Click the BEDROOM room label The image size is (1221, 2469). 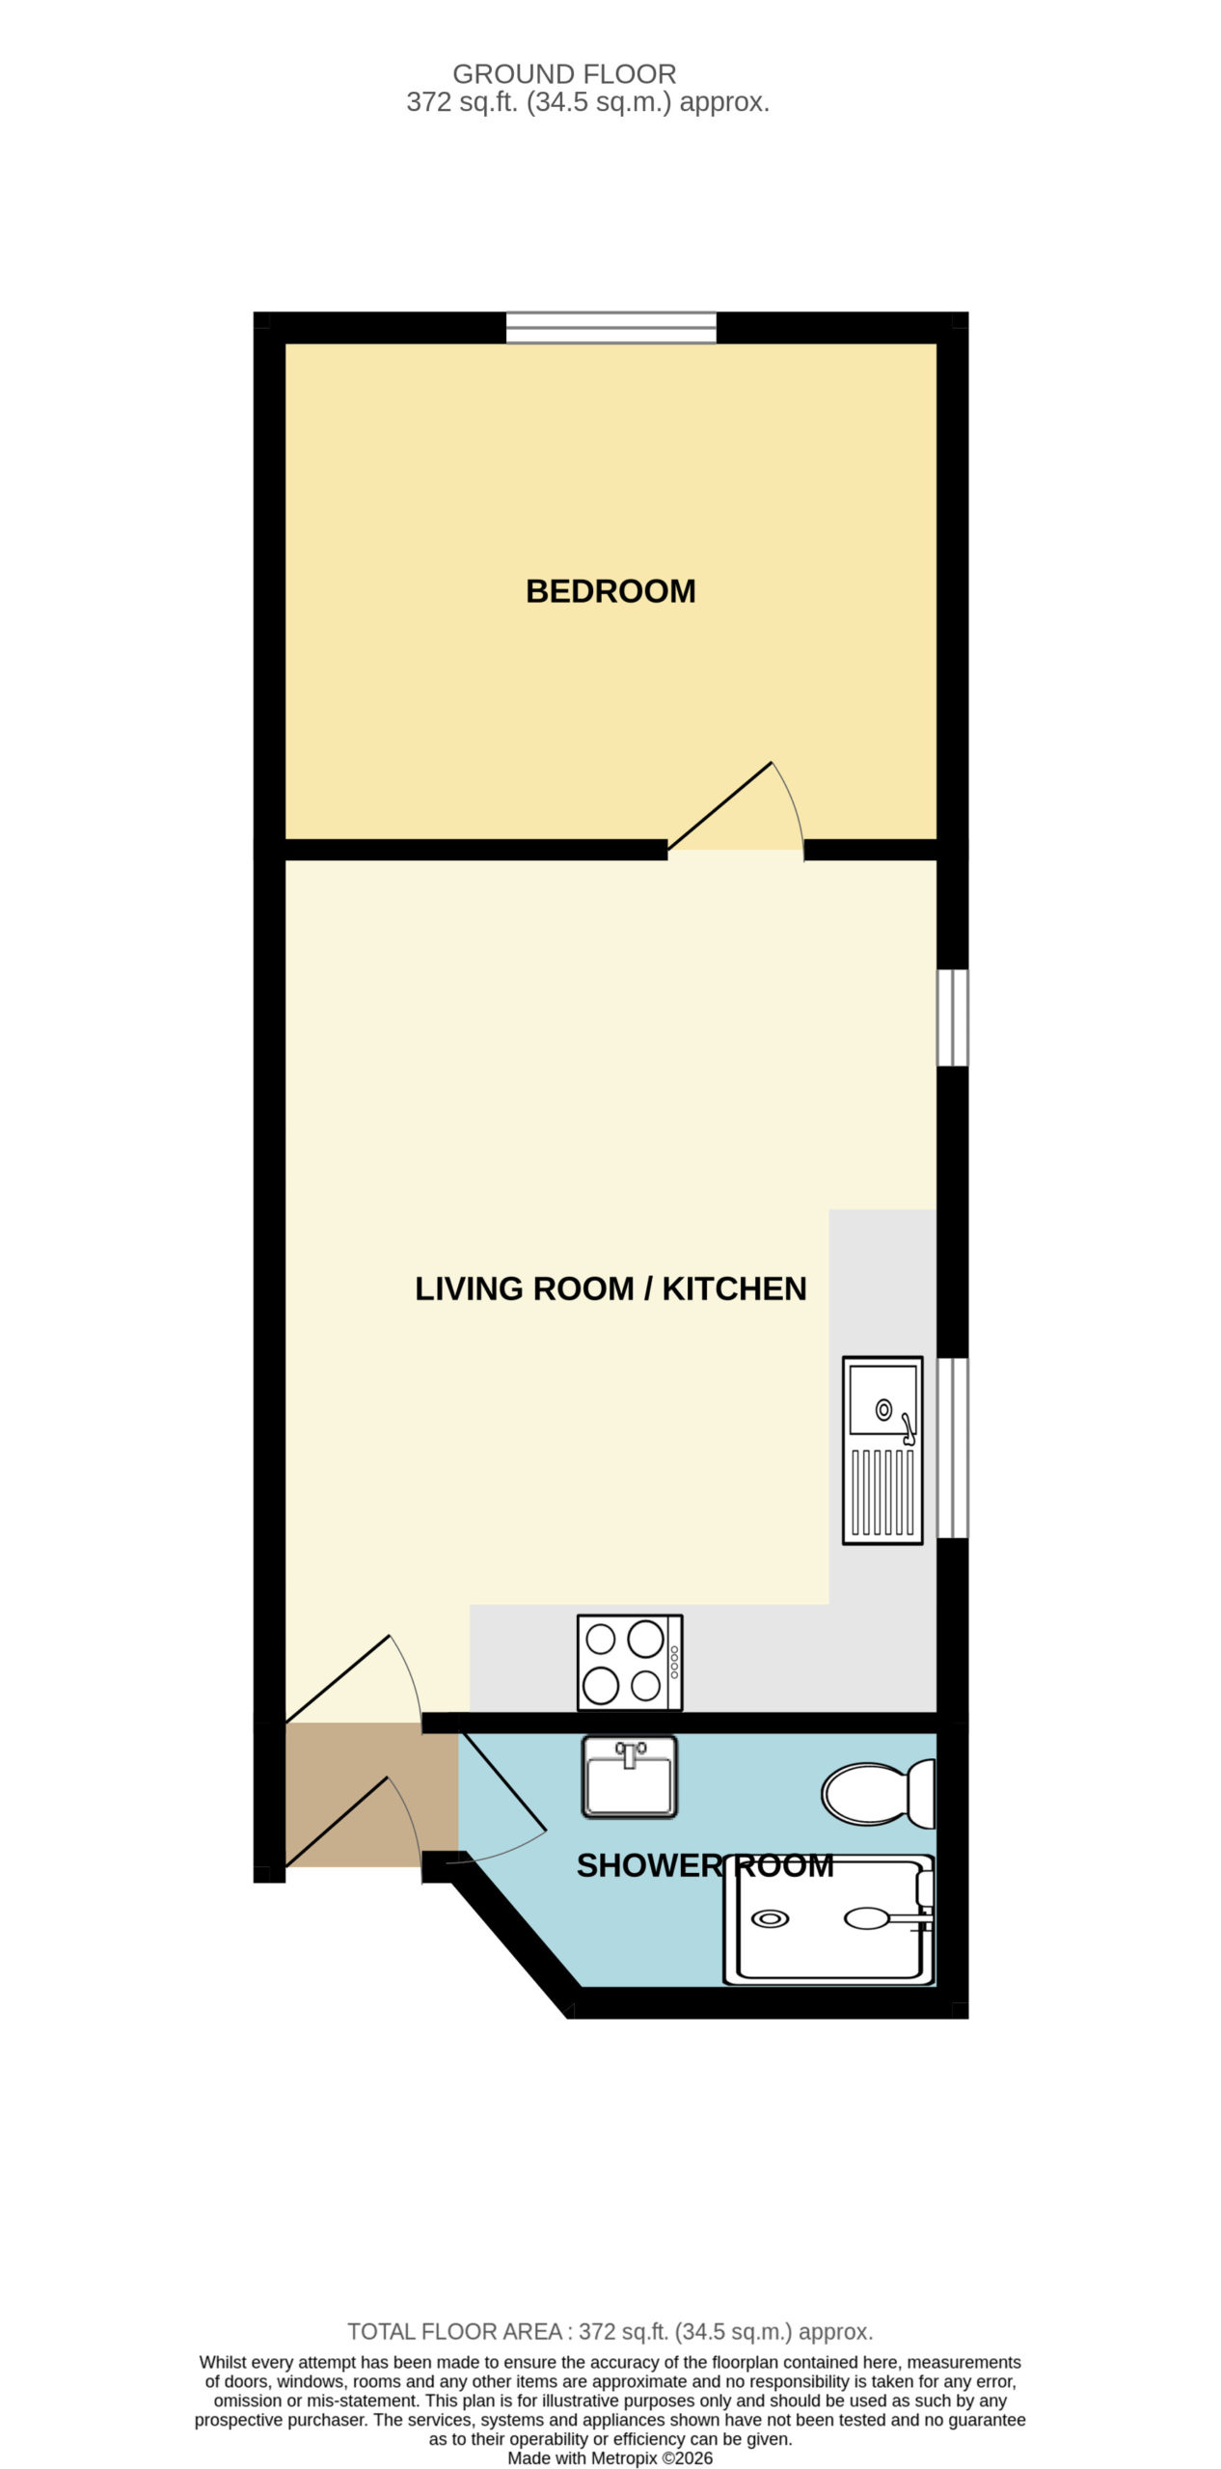(610, 590)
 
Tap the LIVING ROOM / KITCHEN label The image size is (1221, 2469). (610, 1289)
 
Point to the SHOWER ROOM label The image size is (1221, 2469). (704, 1865)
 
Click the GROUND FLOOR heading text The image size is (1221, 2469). (564, 73)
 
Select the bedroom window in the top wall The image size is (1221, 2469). (611, 328)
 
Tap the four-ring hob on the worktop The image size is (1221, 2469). (630, 1663)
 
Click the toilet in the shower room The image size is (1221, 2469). (879, 1794)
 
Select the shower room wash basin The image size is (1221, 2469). (629, 1777)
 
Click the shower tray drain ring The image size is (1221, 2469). (770, 1918)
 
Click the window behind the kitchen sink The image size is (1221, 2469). (953, 1448)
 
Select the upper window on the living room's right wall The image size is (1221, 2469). (953, 1017)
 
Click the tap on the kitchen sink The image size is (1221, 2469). (908, 1428)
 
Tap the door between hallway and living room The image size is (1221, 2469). (353, 1679)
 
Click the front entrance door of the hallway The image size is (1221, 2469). (353, 1822)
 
